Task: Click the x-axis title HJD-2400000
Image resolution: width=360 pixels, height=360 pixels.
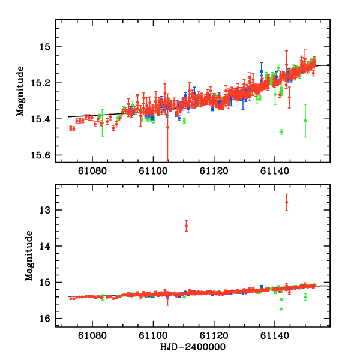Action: (x=193, y=347)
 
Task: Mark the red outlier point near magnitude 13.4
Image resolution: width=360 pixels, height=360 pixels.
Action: (x=187, y=226)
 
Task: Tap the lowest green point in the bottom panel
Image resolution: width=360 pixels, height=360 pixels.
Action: (x=281, y=309)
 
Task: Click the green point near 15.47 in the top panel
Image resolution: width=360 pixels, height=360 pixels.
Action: (x=281, y=131)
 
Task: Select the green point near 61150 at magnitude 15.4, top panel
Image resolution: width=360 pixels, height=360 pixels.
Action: (x=305, y=121)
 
